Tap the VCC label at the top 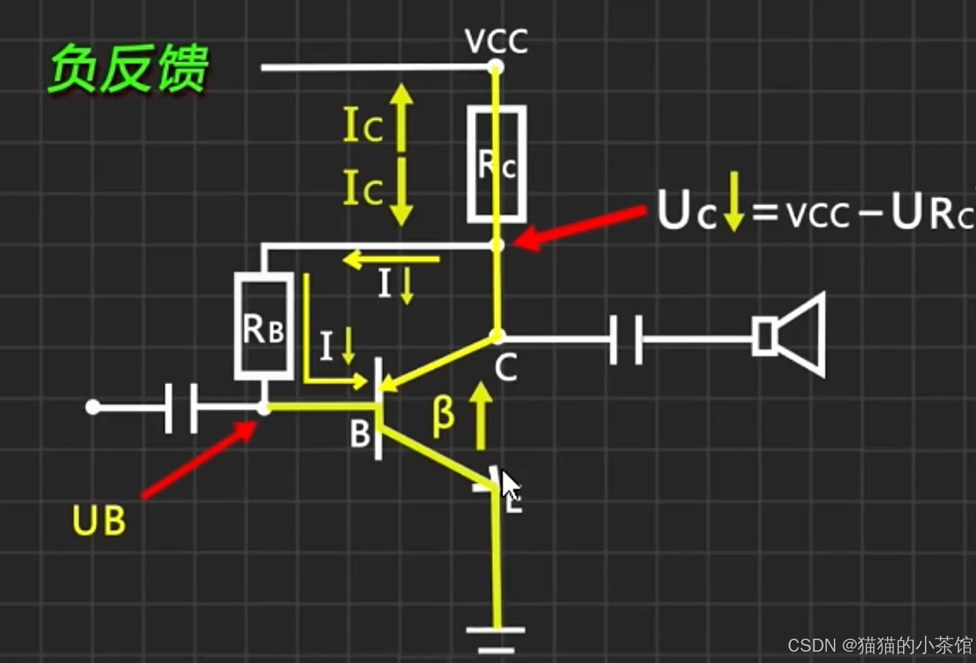(x=496, y=41)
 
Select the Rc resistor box (x=497, y=165)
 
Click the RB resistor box (x=264, y=326)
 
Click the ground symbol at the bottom (x=496, y=639)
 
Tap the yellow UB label (x=98, y=520)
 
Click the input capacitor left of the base (x=181, y=408)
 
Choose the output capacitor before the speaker (x=625, y=339)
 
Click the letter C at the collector (x=505, y=367)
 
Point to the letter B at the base (x=360, y=434)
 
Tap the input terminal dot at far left (x=93, y=407)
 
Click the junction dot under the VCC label (x=496, y=66)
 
